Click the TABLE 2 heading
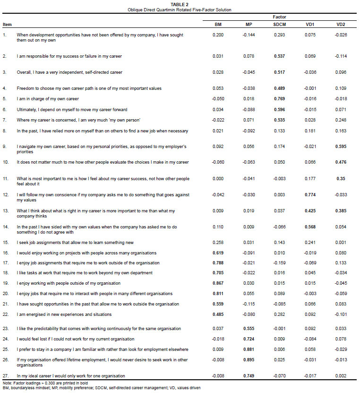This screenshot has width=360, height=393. click(x=180, y=4)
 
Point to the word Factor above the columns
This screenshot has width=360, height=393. click(x=279, y=17)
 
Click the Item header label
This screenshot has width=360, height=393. click(x=7, y=24)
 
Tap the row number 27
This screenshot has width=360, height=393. click(x=6, y=376)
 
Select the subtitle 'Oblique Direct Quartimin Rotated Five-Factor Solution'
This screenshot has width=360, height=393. click(x=180, y=9)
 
